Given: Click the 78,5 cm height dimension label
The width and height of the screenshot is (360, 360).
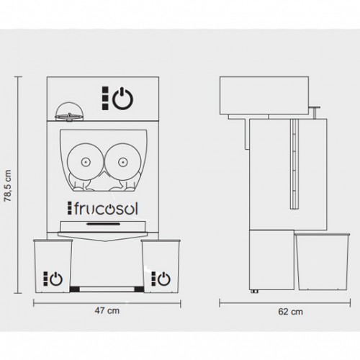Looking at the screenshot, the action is [8, 186].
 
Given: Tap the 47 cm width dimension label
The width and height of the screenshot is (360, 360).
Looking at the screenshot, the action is [107, 310].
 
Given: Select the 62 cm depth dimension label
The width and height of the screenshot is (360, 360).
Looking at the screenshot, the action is [291, 312].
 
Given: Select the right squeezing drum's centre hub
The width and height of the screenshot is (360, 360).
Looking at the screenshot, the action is [122, 162].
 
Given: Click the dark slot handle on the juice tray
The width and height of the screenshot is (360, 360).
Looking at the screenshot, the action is [104, 224].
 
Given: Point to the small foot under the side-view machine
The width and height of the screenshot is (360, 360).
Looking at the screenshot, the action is [254, 291].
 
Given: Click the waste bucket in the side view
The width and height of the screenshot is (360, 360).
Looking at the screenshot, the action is [323, 261].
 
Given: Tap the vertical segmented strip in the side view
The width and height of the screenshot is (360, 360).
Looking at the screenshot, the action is [294, 164].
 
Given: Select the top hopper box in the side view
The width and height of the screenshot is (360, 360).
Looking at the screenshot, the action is [264, 96].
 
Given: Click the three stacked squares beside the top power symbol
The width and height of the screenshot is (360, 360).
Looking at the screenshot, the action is [105, 99].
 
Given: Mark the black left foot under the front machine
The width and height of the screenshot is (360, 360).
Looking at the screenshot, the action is [75, 289].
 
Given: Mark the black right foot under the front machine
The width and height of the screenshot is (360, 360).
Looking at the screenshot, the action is [139, 289].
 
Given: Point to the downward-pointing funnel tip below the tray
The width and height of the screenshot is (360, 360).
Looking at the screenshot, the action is [105, 240].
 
